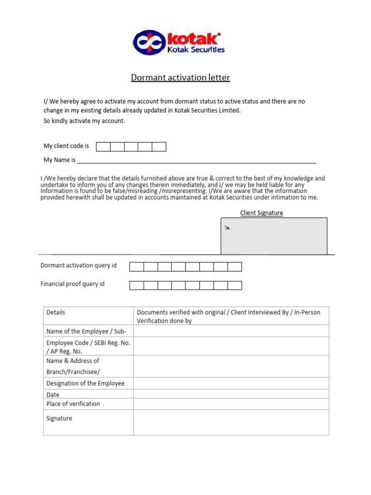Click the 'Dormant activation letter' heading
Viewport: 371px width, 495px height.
point(180,77)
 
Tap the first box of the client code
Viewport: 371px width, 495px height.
point(103,146)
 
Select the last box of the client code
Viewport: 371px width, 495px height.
point(159,146)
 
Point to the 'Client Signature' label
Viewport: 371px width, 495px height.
point(261,213)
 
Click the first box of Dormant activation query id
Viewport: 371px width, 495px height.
point(137,267)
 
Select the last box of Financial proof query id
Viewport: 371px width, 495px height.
point(235,285)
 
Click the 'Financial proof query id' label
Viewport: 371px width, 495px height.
point(72,284)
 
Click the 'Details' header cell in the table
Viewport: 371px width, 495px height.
point(56,312)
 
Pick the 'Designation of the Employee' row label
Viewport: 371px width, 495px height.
point(85,383)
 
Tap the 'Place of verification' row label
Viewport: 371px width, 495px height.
point(73,404)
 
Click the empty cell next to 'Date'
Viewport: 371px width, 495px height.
point(231,394)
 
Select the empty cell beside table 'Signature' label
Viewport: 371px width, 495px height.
point(231,422)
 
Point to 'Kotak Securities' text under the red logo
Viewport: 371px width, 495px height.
point(196,49)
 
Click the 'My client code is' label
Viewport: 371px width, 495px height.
point(66,146)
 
